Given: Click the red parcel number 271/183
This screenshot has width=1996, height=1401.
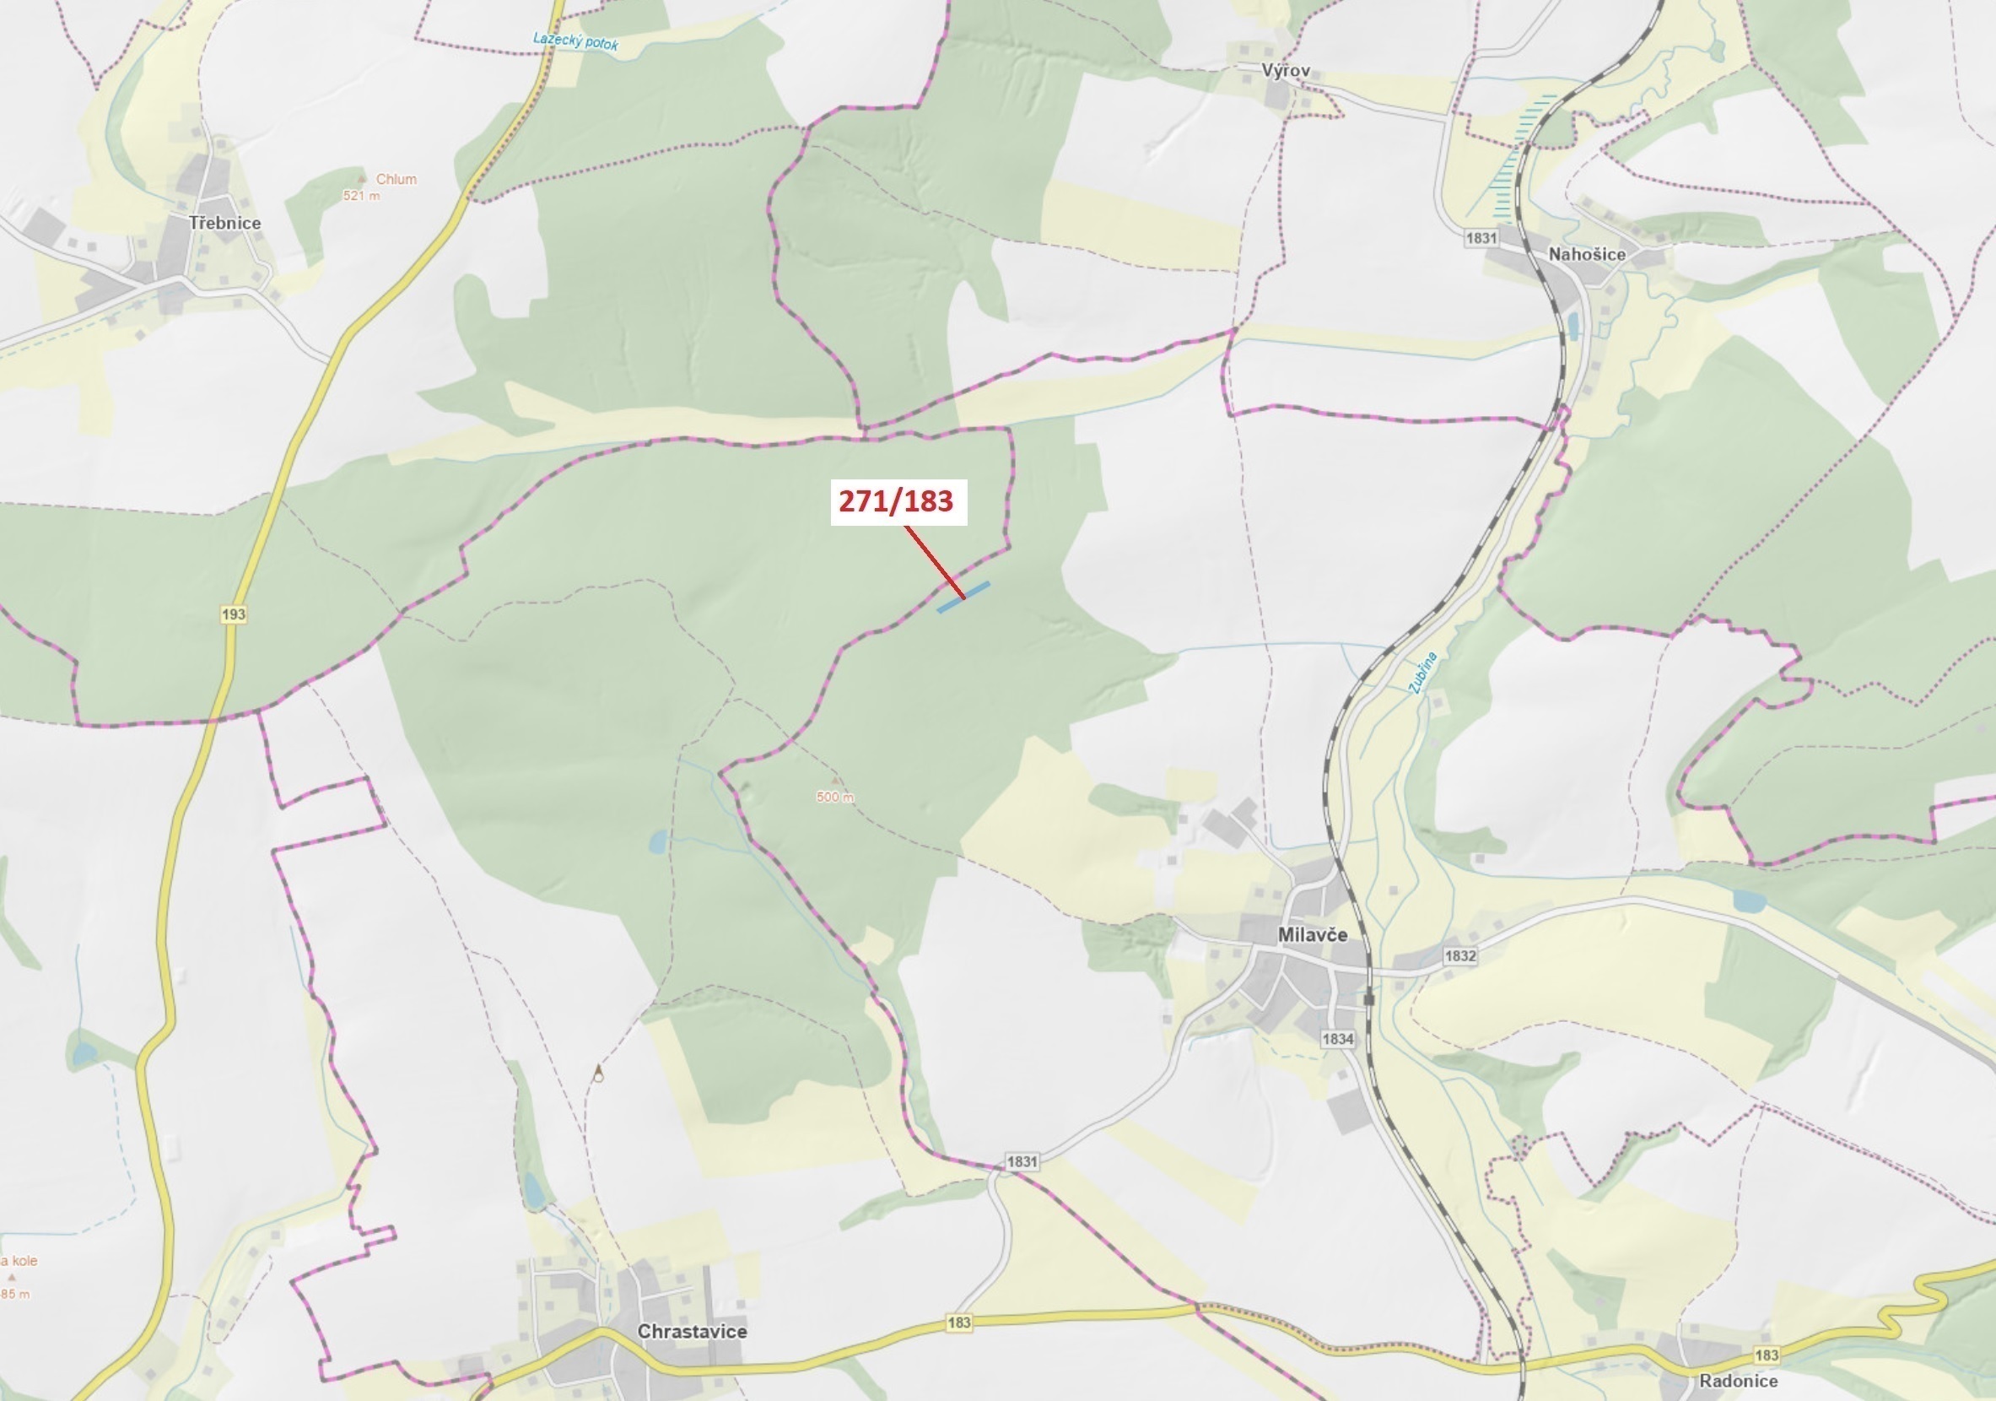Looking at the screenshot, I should point(896,502).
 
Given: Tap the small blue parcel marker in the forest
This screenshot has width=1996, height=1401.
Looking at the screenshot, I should point(963,598).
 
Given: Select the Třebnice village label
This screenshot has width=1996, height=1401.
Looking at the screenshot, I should point(225,223).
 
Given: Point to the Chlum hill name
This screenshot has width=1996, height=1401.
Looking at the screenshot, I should point(396,179).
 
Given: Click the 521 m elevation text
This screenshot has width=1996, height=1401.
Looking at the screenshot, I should point(362,196).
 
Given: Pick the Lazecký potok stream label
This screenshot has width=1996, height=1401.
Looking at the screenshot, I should point(575,41).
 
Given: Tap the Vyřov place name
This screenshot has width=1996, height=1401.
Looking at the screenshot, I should point(1286,70).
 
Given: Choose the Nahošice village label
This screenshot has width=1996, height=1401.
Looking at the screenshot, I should point(1587,254).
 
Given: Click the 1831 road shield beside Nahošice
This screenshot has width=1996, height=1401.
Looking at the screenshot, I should point(1481,237).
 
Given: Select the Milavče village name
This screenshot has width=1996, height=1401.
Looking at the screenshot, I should point(1313,935).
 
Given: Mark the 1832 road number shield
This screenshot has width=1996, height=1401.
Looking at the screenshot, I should point(1459,955).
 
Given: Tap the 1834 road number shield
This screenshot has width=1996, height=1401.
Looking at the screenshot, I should point(1338,1038).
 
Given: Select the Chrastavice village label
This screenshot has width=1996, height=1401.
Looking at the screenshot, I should point(692,1332).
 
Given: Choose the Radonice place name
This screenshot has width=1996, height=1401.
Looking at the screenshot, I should point(1739,1381).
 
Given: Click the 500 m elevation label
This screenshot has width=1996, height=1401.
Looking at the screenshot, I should point(834,797).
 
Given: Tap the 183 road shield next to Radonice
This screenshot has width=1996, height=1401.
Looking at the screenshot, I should point(1767,1355).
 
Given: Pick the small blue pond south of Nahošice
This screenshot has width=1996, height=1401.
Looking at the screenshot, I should point(1573,326).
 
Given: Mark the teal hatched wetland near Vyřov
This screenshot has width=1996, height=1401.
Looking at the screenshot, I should point(1513,161).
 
